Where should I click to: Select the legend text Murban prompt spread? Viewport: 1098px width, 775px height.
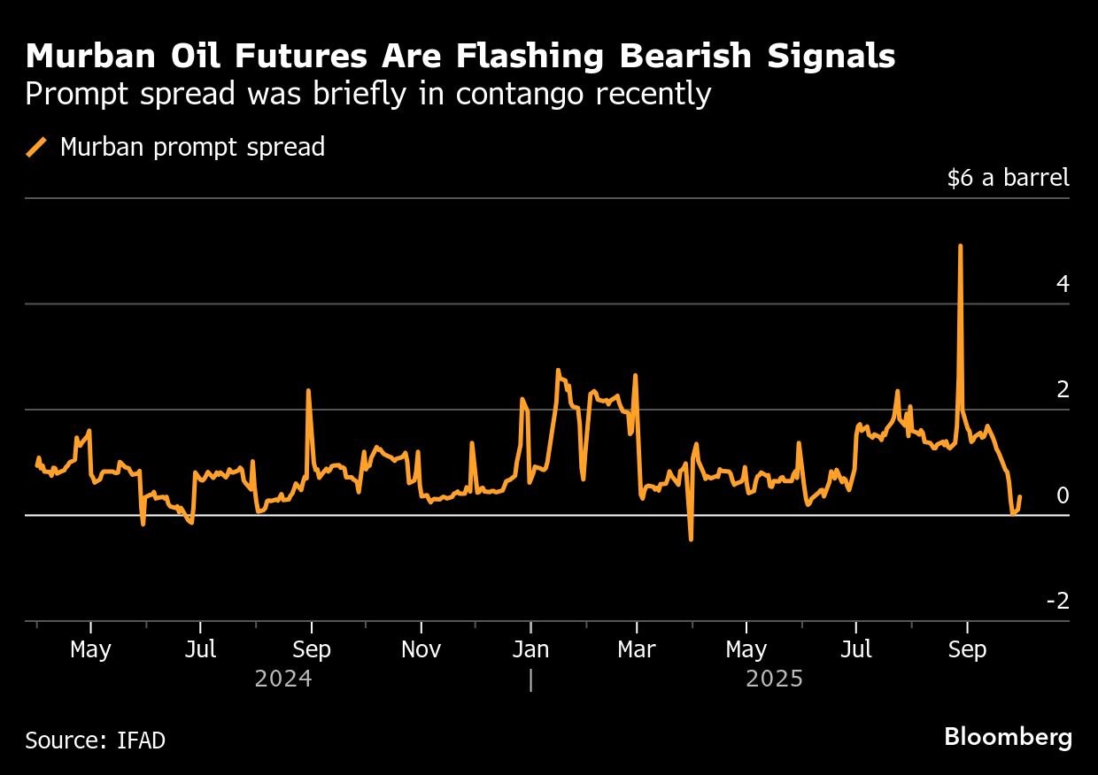pos(192,147)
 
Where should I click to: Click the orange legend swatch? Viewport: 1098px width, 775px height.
pos(37,147)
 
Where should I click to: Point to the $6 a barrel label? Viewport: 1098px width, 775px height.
pos(1008,178)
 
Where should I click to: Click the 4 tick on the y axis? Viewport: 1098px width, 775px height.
pos(1063,285)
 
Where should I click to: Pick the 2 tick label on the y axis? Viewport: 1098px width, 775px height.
pos(1063,390)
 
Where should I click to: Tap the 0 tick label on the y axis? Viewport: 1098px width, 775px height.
pos(1063,496)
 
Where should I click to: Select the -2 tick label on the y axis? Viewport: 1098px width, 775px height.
pos(1058,602)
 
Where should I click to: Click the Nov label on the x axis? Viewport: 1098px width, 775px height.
pos(421,650)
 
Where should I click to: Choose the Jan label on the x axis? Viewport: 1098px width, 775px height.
pos(530,650)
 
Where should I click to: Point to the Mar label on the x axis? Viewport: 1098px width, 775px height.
pos(636,650)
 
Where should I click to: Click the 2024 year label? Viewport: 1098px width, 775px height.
pos(283,679)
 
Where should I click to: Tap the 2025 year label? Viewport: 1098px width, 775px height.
pos(775,679)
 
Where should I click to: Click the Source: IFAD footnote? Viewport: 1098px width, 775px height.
pos(95,740)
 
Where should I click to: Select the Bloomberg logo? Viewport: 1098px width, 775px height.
pos(1008,737)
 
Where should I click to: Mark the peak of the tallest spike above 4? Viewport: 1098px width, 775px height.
pos(961,246)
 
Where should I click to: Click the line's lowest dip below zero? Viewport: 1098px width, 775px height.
pos(691,539)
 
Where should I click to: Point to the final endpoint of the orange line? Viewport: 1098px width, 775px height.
pos(1020,497)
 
